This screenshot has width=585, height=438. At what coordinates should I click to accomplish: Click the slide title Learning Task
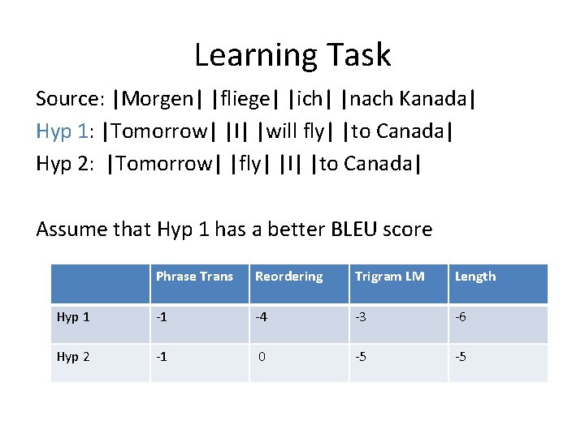pos(292,55)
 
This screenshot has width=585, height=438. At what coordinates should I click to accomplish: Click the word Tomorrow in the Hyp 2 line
pos(164,164)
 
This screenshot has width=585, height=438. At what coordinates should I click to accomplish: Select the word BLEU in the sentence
pos(355,230)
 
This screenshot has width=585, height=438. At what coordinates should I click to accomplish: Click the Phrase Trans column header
pos(194,277)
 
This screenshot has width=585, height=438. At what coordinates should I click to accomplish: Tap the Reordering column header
pos(288,277)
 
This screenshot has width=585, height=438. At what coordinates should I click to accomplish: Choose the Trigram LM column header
pos(389,277)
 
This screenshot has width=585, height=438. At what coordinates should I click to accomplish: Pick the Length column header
pos(475,277)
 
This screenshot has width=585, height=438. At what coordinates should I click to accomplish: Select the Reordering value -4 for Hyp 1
pos(262,317)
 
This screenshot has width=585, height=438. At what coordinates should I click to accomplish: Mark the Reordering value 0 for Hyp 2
pos(262,356)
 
